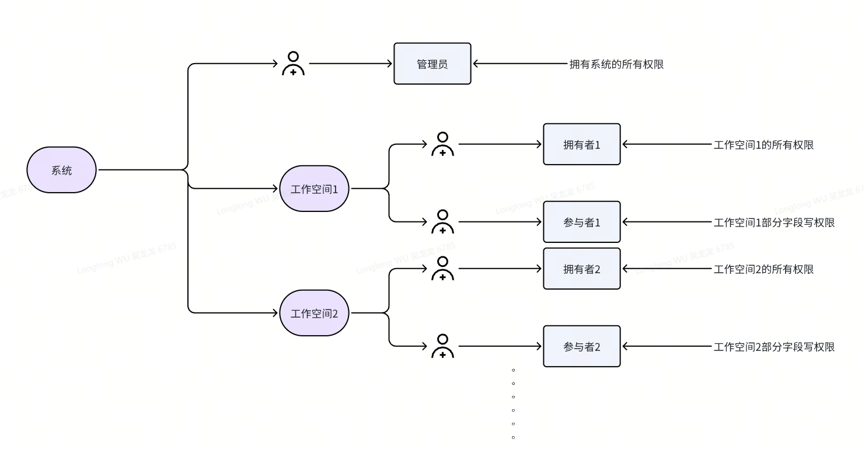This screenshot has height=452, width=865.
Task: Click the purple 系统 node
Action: (x=61, y=170)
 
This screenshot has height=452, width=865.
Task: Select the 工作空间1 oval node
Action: (x=314, y=189)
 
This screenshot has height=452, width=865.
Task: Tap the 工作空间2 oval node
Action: (x=314, y=313)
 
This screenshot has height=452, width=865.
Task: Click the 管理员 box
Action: (x=432, y=64)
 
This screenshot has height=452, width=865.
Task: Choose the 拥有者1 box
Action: (x=581, y=144)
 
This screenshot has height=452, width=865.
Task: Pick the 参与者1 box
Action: (x=581, y=222)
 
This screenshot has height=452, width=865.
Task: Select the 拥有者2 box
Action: (x=581, y=269)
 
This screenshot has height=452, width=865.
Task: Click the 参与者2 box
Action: (x=581, y=346)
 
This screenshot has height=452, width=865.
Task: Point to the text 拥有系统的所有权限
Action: (x=616, y=64)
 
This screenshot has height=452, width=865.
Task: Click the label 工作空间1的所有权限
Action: (x=763, y=145)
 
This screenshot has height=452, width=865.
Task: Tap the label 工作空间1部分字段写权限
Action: (x=774, y=222)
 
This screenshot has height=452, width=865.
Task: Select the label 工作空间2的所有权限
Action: (x=763, y=269)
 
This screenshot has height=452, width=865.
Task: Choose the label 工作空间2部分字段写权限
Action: (x=774, y=347)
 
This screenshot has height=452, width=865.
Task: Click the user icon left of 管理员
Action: (x=293, y=64)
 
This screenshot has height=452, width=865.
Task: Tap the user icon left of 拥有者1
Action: (x=442, y=144)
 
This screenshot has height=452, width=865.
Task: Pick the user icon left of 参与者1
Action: (x=442, y=222)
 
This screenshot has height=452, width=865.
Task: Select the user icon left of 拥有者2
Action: (x=442, y=269)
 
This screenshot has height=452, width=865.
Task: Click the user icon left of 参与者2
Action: (x=442, y=346)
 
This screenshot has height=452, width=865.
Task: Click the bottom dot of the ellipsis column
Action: (x=513, y=437)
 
